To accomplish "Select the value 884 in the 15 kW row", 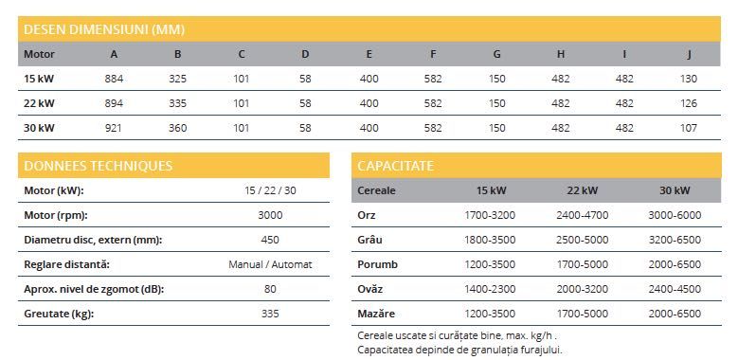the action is point(114,78).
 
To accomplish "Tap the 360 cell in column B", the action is point(177,127).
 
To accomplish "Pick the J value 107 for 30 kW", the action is point(688,127).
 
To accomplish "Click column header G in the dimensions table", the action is point(496,54).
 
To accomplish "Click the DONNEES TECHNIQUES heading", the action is point(95,166).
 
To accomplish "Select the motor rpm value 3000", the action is point(270,214).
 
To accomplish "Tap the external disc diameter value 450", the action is point(270,239).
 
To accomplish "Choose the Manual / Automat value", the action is point(270,263).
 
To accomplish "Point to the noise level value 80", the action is point(270,288).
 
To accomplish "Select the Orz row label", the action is point(369,215).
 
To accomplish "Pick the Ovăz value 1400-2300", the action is point(489,288).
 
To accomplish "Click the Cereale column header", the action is point(377,190).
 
